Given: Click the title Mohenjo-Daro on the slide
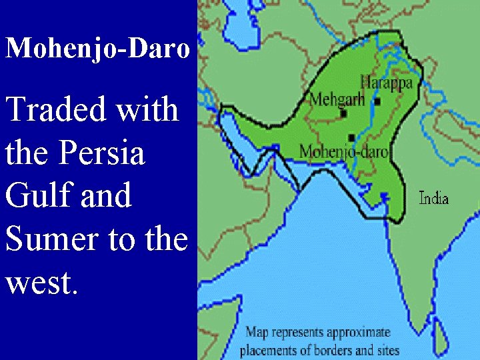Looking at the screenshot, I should [97, 49].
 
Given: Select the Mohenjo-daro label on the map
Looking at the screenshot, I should [343, 151].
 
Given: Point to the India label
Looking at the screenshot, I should [433, 198].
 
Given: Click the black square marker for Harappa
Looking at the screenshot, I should [377, 102].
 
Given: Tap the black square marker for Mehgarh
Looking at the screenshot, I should [344, 113].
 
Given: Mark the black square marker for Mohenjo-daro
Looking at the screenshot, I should [351, 137].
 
